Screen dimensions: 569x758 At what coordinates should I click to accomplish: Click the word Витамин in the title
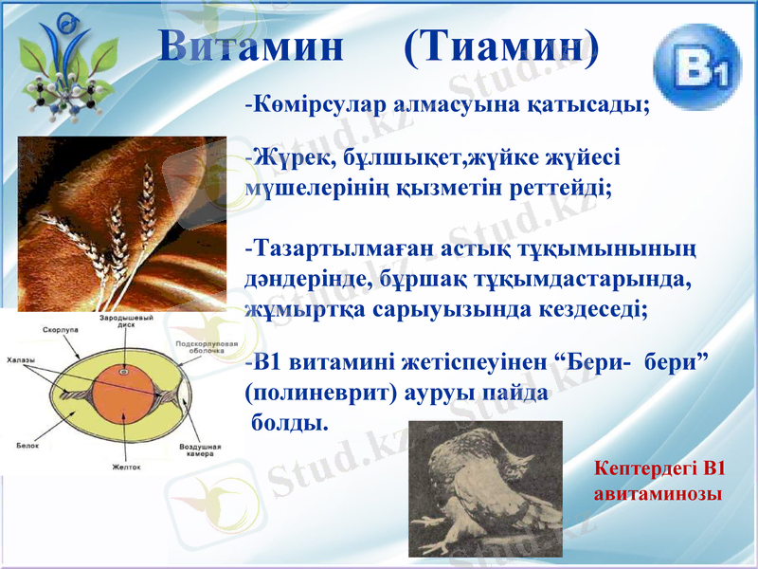pos(250,46)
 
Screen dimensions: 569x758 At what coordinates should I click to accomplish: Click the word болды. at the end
pos(288,421)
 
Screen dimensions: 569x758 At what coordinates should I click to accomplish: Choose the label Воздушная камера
pos(200,450)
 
